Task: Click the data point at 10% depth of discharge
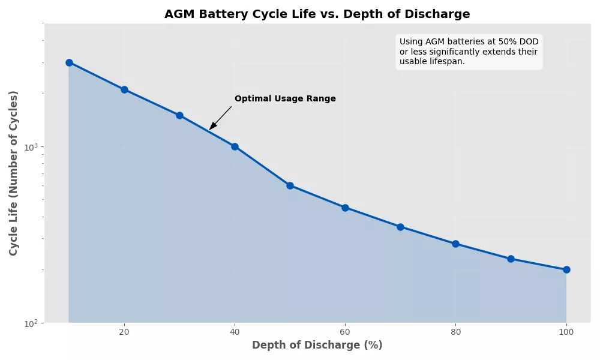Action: pyautogui.click(x=69, y=62)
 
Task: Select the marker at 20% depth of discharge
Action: pyautogui.click(x=124, y=89)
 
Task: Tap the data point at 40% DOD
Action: pyautogui.click(x=235, y=146)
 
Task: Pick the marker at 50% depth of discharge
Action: pyautogui.click(x=290, y=185)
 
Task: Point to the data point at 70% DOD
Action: pyautogui.click(x=400, y=227)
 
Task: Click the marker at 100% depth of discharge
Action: pyautogui.click(x=566, y=269)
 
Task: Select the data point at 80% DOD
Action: pyautogui.click(x=455, y=244)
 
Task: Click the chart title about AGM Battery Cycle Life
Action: pyautogui.click(x=317, y=14)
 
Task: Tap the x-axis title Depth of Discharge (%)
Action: pyautogui.click(x=317, y=346)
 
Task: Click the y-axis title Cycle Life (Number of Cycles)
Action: pyautogui.click(x=14, y=173)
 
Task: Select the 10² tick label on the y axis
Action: pyautogui.click(x=31, y=324)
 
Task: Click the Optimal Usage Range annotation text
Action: pyautogui.click(x=285, y=99)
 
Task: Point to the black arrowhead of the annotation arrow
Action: pyautogui.click(x=212, y=127)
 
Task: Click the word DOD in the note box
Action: pyautogui.click(x=529, y=42)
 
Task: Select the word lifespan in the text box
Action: pyautogui.click(x=445, y=61)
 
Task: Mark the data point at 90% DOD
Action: pyautogui.click(x=511, y=259)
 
